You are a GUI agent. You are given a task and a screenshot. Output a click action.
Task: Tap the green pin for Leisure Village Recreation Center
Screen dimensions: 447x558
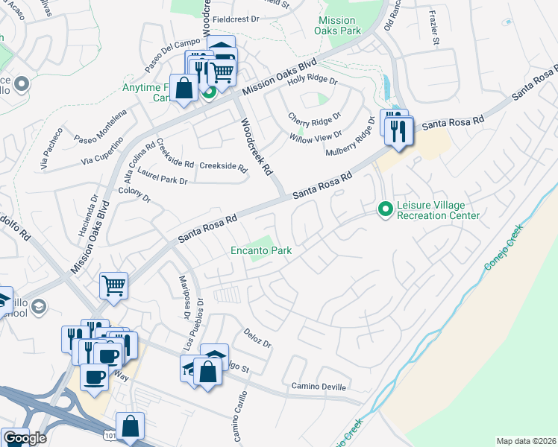point(386,210)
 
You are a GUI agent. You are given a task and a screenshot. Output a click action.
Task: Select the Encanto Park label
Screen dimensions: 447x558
point(260,251)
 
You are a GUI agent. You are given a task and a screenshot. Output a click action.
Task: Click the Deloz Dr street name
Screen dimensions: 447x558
point(257,337)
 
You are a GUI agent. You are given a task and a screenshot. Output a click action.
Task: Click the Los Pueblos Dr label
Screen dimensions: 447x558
point(199,324)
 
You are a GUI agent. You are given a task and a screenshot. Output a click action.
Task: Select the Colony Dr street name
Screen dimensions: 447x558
point(134,199)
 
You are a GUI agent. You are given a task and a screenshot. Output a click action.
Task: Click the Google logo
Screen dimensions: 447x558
point(25,438)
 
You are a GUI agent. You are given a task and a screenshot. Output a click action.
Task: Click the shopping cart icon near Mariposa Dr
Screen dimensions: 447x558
point(113,284)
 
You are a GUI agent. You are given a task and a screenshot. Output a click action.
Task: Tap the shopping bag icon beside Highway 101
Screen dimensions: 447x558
point(130,425)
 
